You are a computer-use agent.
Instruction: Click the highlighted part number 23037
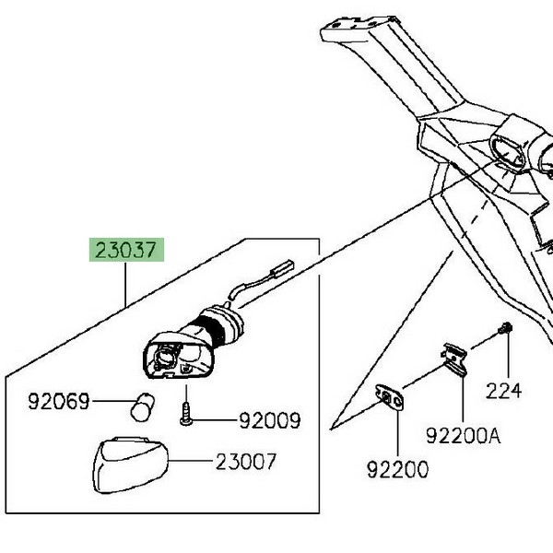click(x=126, y=250)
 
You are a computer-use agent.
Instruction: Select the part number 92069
click(x=59, y=402)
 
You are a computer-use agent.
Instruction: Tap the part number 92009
click(x=270, y=421)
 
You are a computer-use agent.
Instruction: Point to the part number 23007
click(x=246, y=461)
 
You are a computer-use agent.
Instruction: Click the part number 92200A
click(x=464, y=433)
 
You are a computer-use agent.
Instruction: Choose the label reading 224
click(x=504, y=391)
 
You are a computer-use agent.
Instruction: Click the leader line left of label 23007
click(x=194, y=461)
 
